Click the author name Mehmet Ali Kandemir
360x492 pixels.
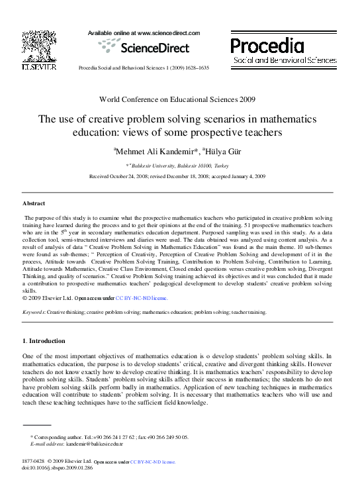click(156, 152)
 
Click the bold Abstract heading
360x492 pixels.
click(34, 203)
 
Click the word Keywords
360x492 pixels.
click(34, 311)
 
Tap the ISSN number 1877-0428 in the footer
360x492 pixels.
click(33, 461)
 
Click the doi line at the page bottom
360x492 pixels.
click(56, 467)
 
